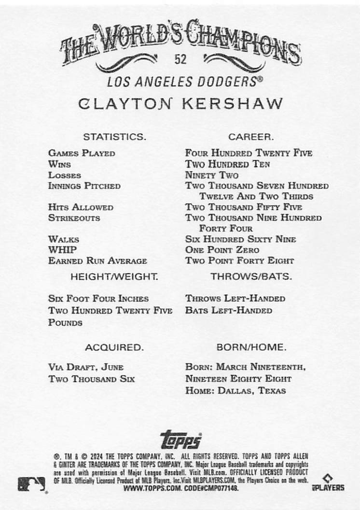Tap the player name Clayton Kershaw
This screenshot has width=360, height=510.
(180, 104)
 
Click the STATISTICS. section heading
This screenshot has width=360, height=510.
(114, 137)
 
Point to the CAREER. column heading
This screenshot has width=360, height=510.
(251, 137)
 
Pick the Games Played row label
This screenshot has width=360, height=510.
(82, 153)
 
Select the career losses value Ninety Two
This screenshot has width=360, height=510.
(211, 175)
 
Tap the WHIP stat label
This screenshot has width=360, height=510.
(62, 250)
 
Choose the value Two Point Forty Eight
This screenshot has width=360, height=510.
(239, 261)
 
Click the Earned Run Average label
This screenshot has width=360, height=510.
(97, 261)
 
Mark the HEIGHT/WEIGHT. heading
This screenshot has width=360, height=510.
(114, 277)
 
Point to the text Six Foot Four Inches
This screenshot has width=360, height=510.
(98, 299)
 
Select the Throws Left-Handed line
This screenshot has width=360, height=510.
(235, 299)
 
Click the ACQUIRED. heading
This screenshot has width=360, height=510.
(114, 347)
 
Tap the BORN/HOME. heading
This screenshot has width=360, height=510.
(251, 347)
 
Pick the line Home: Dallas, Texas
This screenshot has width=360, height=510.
(235, 390)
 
